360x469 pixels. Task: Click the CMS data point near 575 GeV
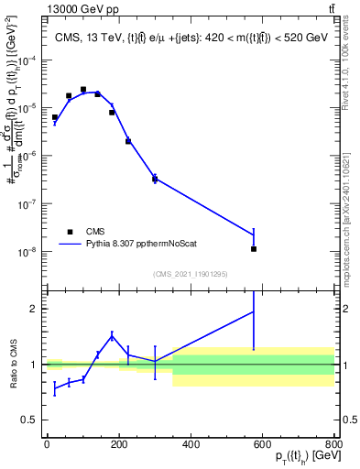254,248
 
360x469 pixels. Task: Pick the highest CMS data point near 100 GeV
83,90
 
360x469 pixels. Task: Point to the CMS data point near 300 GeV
155,179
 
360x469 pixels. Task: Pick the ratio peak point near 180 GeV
112,336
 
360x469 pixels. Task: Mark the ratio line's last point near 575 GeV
254,311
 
